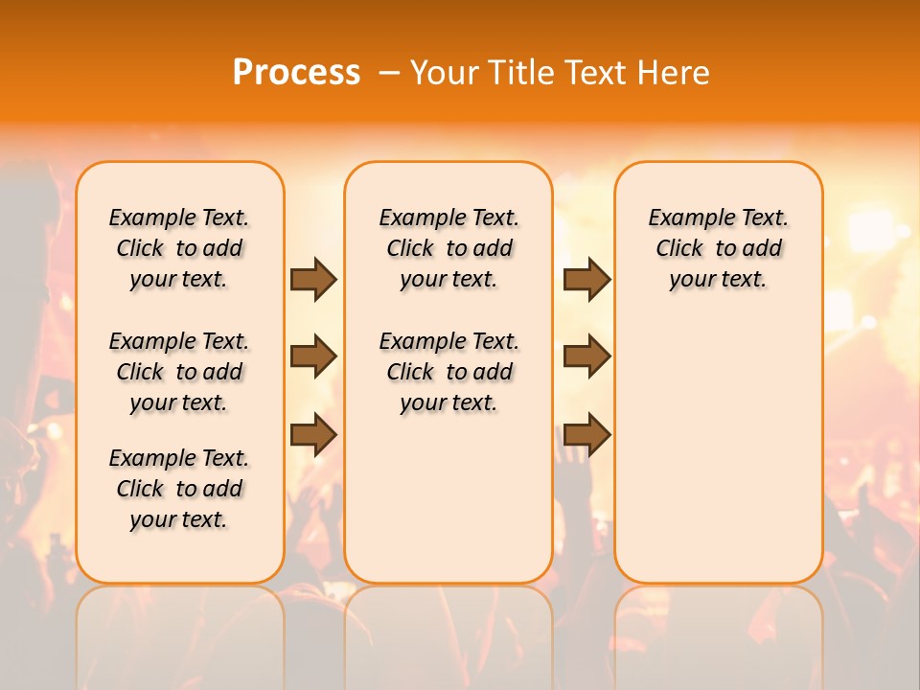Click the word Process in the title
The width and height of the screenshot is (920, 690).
(296, 73)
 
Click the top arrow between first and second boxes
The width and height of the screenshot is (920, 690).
(313, 280)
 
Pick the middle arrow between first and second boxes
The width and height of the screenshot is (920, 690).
(313, 357)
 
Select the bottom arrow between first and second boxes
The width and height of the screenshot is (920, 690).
(313, 434)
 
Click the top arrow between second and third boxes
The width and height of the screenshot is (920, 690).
(586, 280)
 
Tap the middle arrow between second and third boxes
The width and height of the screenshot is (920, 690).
(586, 356)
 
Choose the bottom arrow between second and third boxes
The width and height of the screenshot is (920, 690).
(586, 434)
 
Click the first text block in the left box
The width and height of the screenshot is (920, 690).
(179, 248)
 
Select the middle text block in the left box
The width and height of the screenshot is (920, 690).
(179, 372)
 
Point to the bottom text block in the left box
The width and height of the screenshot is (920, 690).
(179, 489)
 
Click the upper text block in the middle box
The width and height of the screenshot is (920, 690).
(448, 248)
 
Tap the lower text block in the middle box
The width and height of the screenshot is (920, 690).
(448, 372)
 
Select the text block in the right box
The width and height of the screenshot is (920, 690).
(719, 248)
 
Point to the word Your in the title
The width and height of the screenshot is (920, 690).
(446, 73)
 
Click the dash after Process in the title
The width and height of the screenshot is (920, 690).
(389, 73)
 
